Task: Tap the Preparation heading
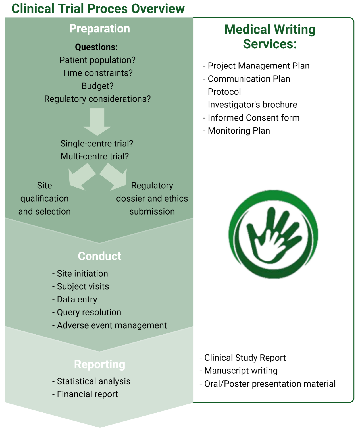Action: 99,28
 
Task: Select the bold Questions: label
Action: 96,47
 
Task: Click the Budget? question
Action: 97,86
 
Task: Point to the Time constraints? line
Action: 97,73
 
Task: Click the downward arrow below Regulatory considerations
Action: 97,122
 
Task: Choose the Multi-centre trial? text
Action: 95,156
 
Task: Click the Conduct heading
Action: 99,256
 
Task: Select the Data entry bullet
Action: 74,299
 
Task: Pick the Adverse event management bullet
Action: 109,325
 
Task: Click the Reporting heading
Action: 99,364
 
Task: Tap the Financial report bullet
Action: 85,394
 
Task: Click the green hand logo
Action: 273,234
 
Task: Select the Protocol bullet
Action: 222,92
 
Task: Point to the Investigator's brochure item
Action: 250,105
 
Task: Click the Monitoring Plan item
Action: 236,130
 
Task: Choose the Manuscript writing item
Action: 239,371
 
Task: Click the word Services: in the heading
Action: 270,44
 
